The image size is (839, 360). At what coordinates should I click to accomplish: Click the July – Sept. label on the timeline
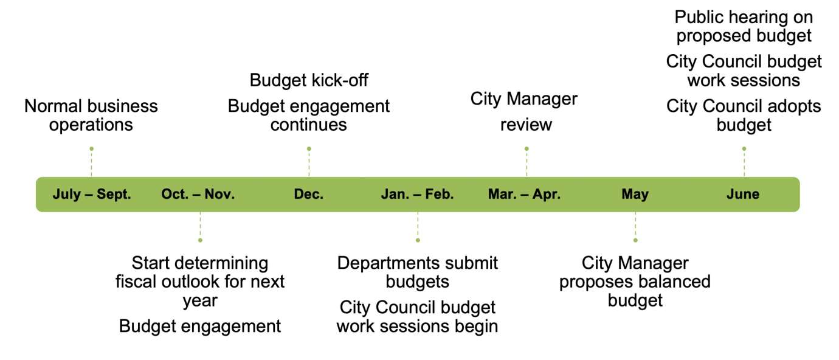tap(92, 195)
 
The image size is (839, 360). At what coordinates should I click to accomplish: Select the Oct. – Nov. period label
tap(198, 195)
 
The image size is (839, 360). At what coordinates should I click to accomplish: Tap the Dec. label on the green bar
tap(309, 195)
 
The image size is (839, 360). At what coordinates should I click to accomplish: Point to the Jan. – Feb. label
tap(418, 195)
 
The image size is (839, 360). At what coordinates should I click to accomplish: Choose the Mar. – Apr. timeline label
tap(525, 195)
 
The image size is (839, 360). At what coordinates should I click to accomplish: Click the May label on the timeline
tap(635, 195)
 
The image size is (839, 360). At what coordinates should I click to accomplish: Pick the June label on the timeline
tap(743, 195)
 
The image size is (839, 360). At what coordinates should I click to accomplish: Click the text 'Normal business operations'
tap(91, 116)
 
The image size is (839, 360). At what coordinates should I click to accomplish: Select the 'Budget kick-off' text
tap(309, 80)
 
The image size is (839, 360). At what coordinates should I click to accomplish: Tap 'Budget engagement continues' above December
tap(309, 116)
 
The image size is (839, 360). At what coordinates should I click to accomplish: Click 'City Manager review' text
tap(525, 111)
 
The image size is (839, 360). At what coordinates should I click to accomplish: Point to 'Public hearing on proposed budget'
tap(744, 26)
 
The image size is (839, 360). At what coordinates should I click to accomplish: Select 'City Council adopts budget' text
tap(744, 116)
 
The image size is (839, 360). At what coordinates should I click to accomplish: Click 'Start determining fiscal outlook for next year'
tap(200, 282)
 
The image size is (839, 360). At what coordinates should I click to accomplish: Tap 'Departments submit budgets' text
tap(418, 272)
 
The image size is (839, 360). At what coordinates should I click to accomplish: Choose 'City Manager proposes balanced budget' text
tap(635, 282)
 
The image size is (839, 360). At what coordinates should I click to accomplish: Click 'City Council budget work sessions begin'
tap(418, 317)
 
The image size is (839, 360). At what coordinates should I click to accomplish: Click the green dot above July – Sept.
tap(91, 148)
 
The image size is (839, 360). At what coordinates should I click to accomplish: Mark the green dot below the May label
tap(635, 240)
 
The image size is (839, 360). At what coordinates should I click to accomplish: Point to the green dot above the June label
tap(744, 148)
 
